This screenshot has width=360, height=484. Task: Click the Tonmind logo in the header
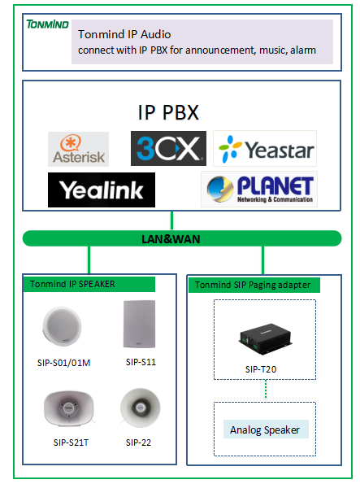[47, 24]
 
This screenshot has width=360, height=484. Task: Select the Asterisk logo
[78, 149]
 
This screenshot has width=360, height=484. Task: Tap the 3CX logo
[168, 149]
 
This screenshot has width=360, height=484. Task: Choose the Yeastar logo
[265, 149]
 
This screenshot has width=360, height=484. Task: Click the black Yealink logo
[102, 190]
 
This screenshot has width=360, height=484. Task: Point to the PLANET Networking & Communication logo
[259, 189]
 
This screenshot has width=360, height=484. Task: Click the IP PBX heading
[168, 112]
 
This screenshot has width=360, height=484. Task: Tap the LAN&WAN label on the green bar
[171, 239]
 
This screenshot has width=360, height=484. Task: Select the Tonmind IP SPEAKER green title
[89, 284]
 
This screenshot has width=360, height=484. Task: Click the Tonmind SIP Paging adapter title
[254, 285]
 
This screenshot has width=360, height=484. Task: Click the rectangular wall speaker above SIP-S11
[140, 324]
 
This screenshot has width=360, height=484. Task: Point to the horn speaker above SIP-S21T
[69, 408]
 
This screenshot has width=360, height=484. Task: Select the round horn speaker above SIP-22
[141, 408]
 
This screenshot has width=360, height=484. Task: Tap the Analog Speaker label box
[266, 429]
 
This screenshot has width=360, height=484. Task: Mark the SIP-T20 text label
[261, 369]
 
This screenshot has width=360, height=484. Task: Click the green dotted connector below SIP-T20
[266, 390]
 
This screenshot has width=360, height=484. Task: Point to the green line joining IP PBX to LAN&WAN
[171, 220]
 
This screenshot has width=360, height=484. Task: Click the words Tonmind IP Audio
[124, 34]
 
